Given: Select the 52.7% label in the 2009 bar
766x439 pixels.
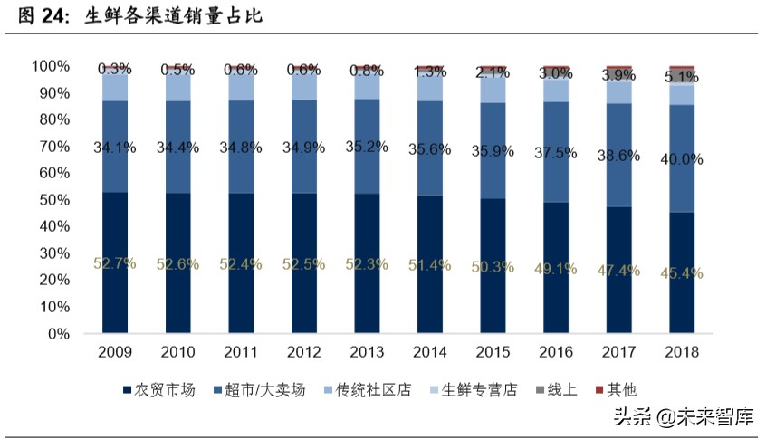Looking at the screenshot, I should [114, 263].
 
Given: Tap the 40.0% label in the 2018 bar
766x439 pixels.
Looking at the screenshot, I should [682, 159].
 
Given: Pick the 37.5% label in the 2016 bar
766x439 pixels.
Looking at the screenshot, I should [556, 154].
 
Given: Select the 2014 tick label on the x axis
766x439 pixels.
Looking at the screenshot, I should [429, 352].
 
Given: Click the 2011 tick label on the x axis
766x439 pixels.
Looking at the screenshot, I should [240, 352].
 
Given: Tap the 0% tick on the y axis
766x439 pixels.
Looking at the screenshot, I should [58, 334].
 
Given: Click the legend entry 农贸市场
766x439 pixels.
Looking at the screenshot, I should [158, 390].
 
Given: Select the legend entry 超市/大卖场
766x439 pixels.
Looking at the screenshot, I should [262, 390].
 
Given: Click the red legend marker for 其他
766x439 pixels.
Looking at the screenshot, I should [598, 390].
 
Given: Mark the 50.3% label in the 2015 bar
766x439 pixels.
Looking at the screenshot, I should [493, 267].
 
